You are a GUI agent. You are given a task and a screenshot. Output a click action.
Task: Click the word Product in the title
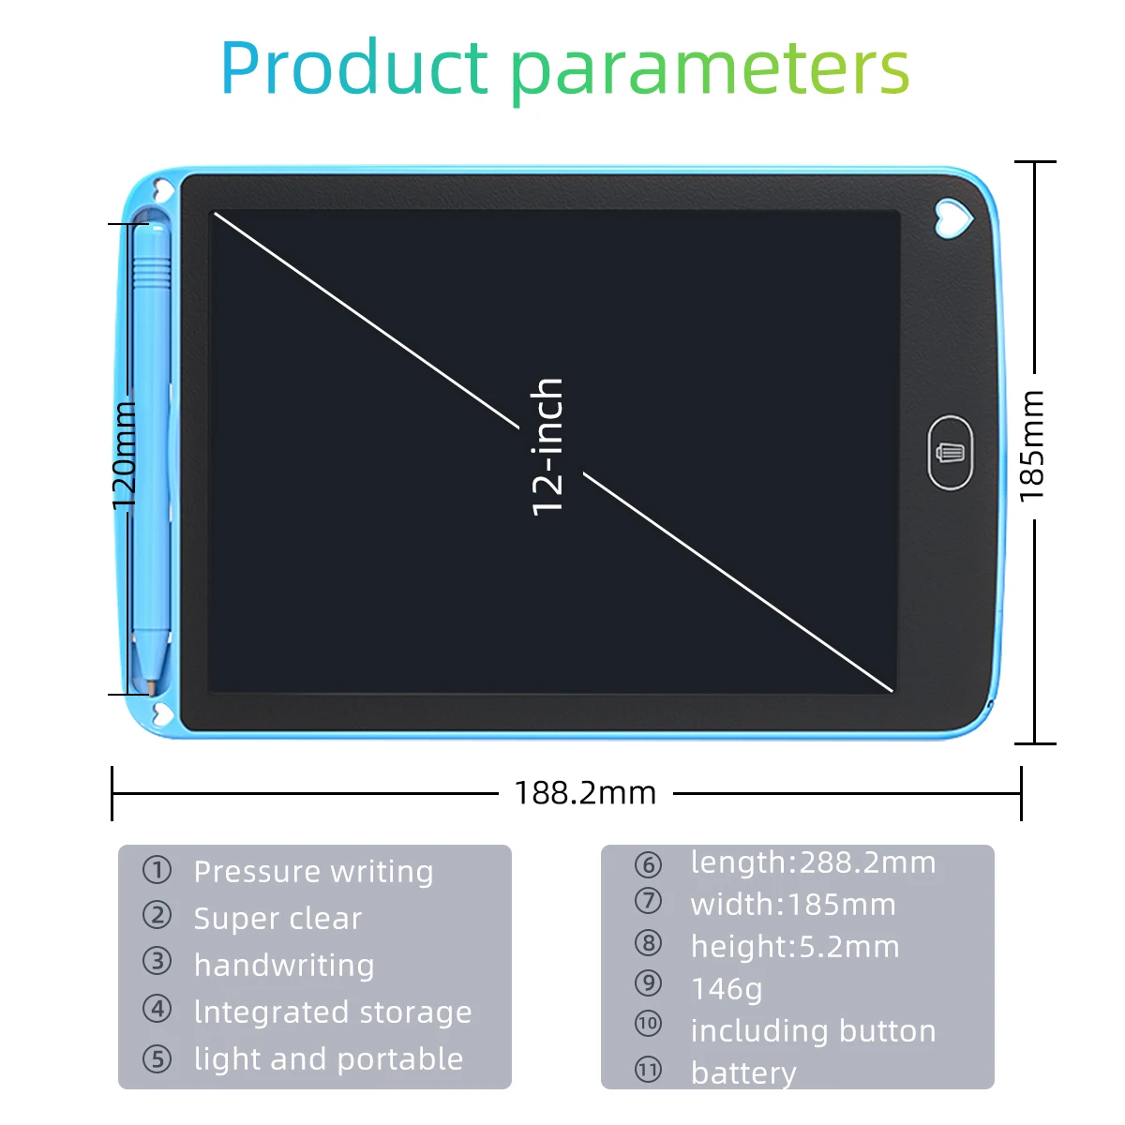354,67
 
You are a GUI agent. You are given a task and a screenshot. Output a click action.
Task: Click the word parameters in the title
710,71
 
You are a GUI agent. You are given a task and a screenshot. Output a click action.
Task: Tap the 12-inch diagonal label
548,447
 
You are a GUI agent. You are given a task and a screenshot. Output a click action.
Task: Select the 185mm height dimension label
1031,445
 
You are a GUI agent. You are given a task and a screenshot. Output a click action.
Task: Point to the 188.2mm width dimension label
585,793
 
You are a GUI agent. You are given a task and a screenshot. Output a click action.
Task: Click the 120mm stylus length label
125,457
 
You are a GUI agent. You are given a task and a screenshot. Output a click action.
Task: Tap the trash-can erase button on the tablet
950,453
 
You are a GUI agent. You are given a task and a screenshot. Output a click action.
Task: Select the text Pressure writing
313,872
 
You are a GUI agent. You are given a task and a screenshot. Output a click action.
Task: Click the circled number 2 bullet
157,915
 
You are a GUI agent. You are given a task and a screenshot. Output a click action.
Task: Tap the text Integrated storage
333,1012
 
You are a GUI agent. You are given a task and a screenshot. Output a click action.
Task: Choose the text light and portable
328,1059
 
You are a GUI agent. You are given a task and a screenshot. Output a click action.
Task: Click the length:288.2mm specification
813,862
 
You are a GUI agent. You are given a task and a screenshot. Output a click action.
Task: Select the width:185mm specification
793,905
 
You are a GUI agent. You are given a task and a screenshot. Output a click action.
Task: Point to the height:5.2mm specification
795,947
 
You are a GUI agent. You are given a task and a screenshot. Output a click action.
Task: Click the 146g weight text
727,989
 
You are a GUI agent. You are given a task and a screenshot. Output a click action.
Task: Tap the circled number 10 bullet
648,1024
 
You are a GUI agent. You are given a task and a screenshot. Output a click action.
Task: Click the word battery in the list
743,1072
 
